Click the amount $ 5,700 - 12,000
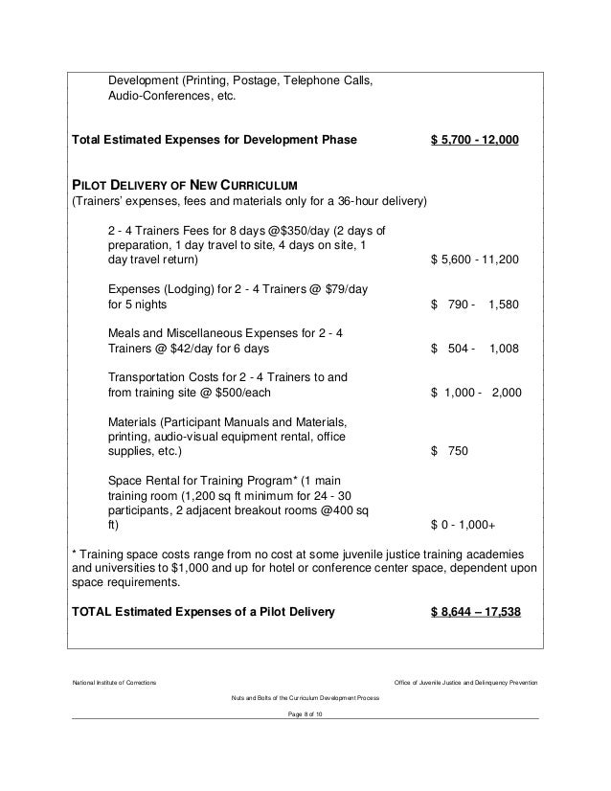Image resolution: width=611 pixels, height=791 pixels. tap(475, 140)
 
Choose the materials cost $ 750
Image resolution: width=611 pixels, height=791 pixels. tap(450, 451)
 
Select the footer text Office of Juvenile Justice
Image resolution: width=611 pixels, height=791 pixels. tap(466, 681)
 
